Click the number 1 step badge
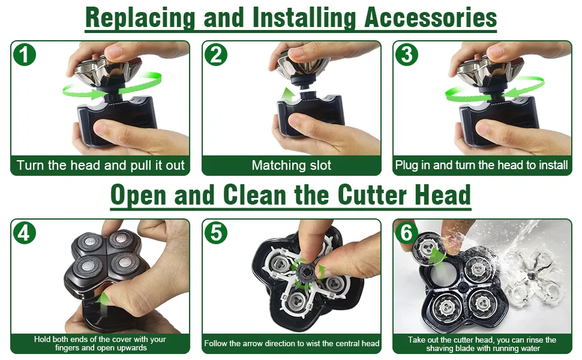click(25, 55)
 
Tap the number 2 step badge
click(216, 55)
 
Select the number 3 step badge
click(407, 55)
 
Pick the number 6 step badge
click(407, 233)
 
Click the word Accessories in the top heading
click(431, 17)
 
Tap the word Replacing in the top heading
click(140, 19)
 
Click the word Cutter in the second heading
click(372, 195)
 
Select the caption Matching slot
click(292, 165)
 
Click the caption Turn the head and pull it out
click(101, 165)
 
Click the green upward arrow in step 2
click(289, 95)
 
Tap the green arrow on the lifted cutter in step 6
click(436, 256)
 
